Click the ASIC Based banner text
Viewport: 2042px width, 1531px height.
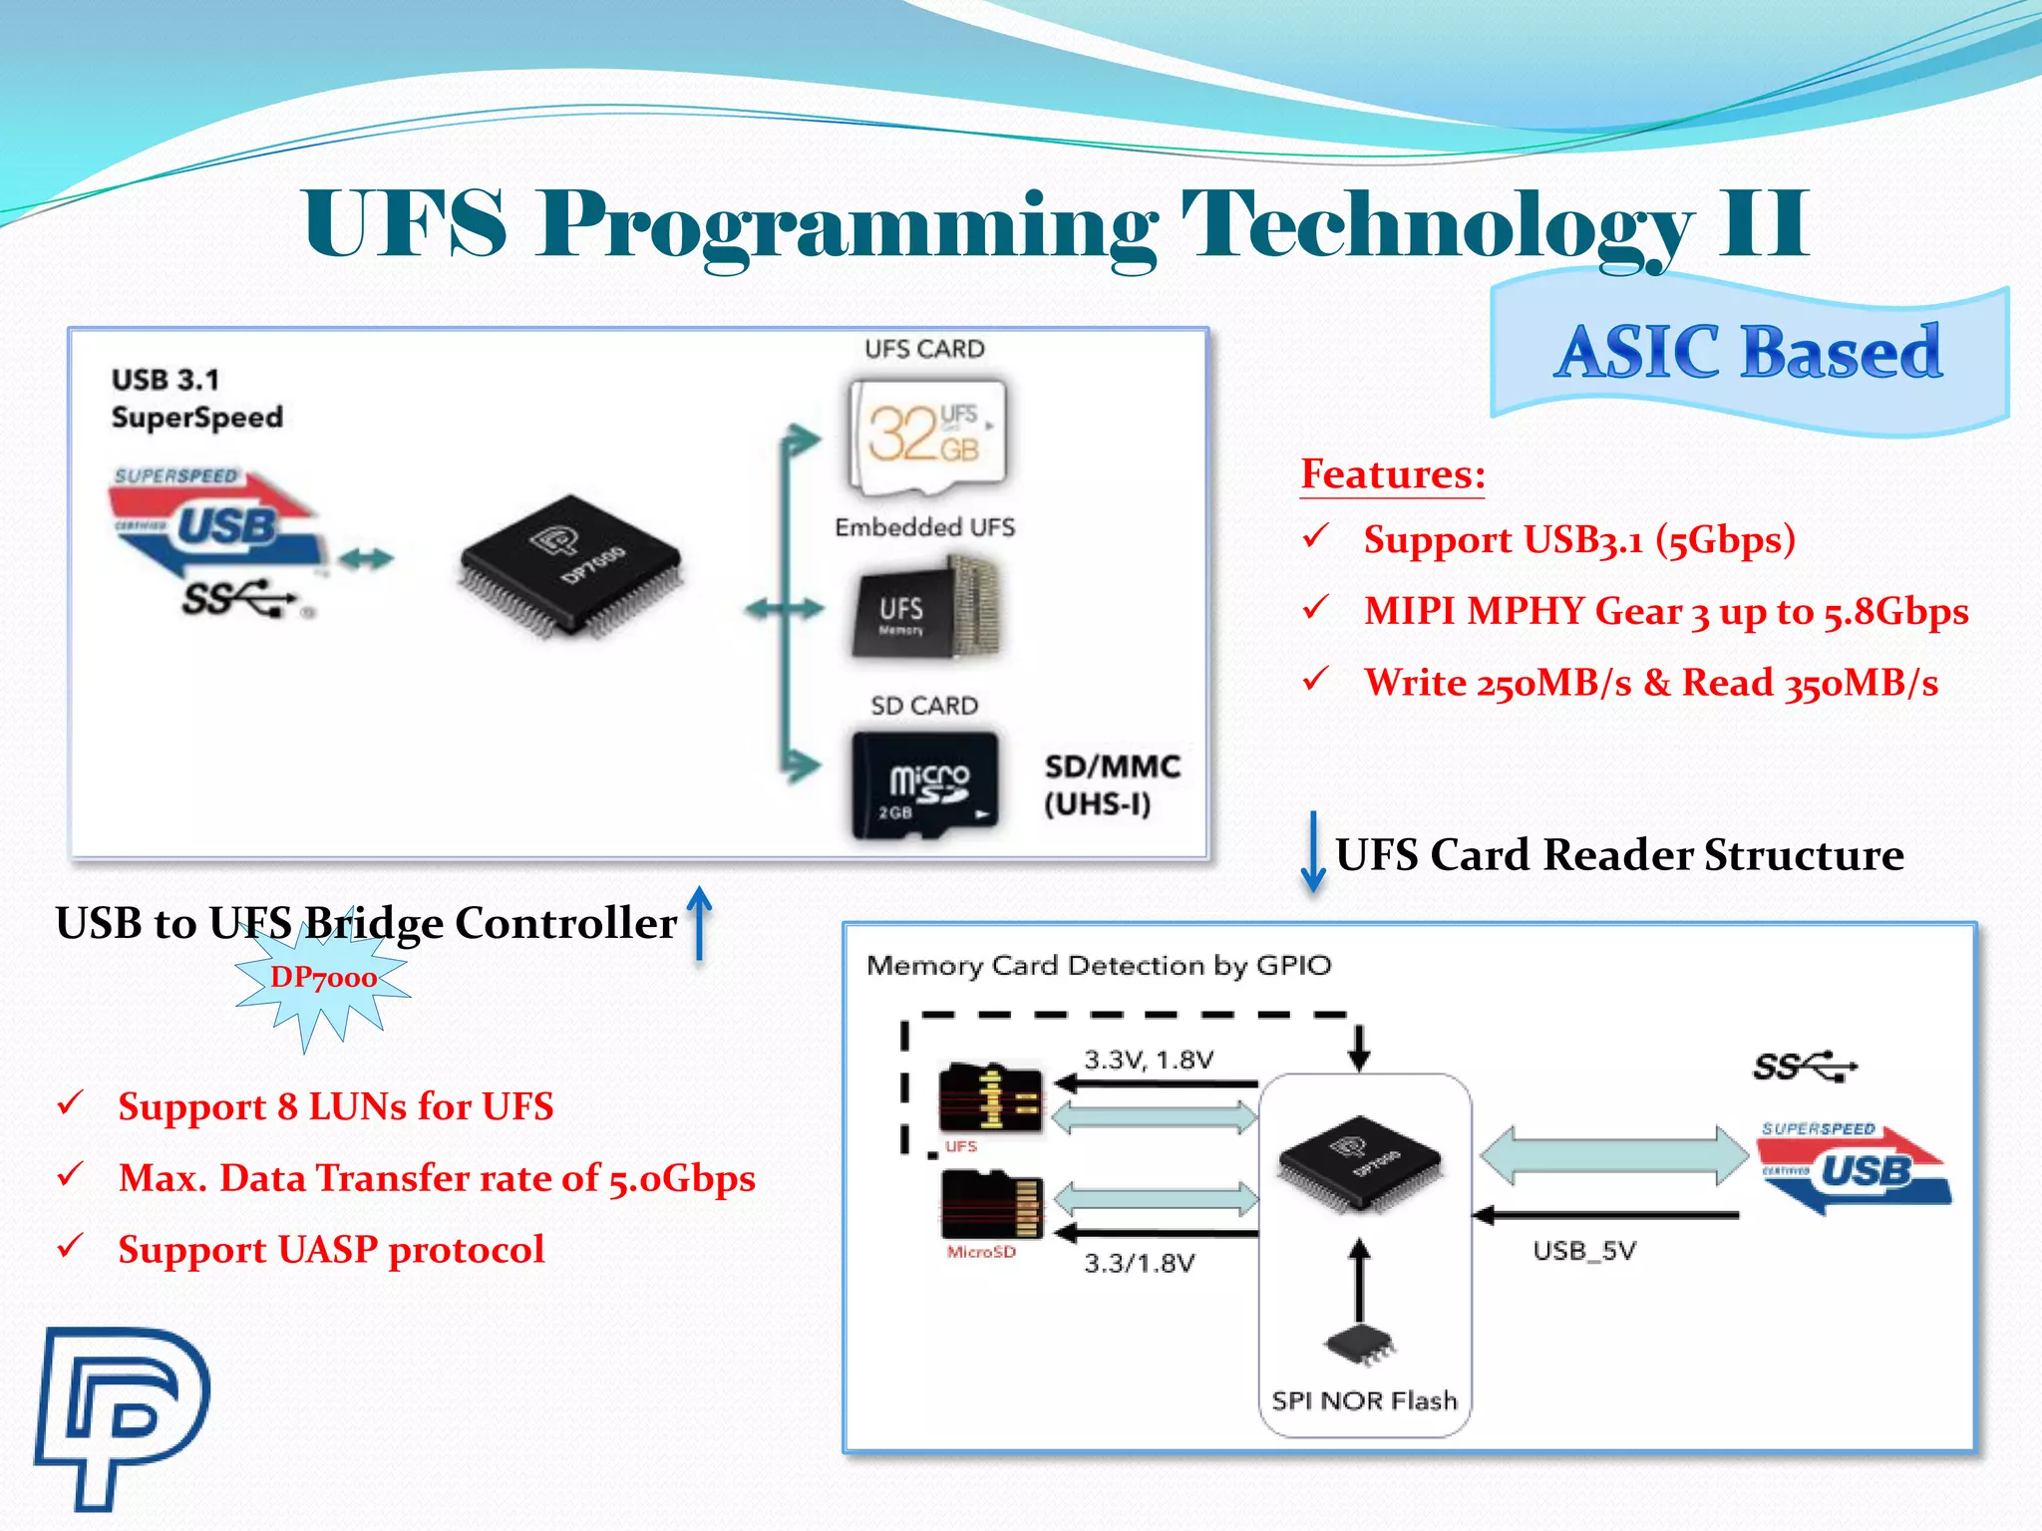click(x=1748, y=353)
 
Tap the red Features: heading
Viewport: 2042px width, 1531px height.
click(x=1392, y=474)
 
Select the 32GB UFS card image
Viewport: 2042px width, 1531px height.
click(x=927, y=436)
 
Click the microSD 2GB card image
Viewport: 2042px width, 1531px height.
click(x=925, y=785)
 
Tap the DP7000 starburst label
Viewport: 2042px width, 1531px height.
click(x=323, y=979)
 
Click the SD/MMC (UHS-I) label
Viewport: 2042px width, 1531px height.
click(x=1111, y=785)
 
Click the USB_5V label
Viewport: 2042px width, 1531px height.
click(x=1583, y=1251)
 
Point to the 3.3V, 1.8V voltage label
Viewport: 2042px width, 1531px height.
click(x=1149, y=1060)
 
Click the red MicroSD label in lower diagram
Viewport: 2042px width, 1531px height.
click(x=981, y=1252)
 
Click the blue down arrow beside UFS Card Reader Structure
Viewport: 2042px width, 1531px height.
click(x=1313, y=853)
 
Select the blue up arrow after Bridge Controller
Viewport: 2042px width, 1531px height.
click(x=700, y=923)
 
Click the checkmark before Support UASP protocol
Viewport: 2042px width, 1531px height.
click(x=70, y=1246)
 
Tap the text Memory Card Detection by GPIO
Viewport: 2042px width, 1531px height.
click(x=1098, y=965)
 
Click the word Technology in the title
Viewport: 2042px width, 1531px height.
click(x=1436, y=225)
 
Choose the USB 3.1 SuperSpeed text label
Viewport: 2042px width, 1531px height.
click(x=196, y=399)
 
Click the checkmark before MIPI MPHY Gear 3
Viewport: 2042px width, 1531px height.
click(x=1316, y=607)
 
